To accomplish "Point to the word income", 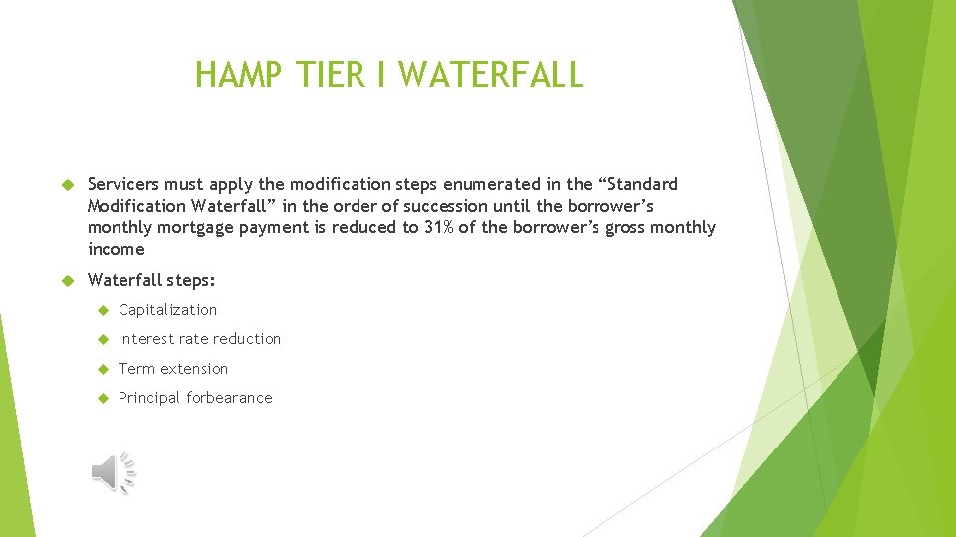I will tap(116, 250).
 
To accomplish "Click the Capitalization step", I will tap(167, 310).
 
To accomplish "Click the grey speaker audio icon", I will tap(114, 472).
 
